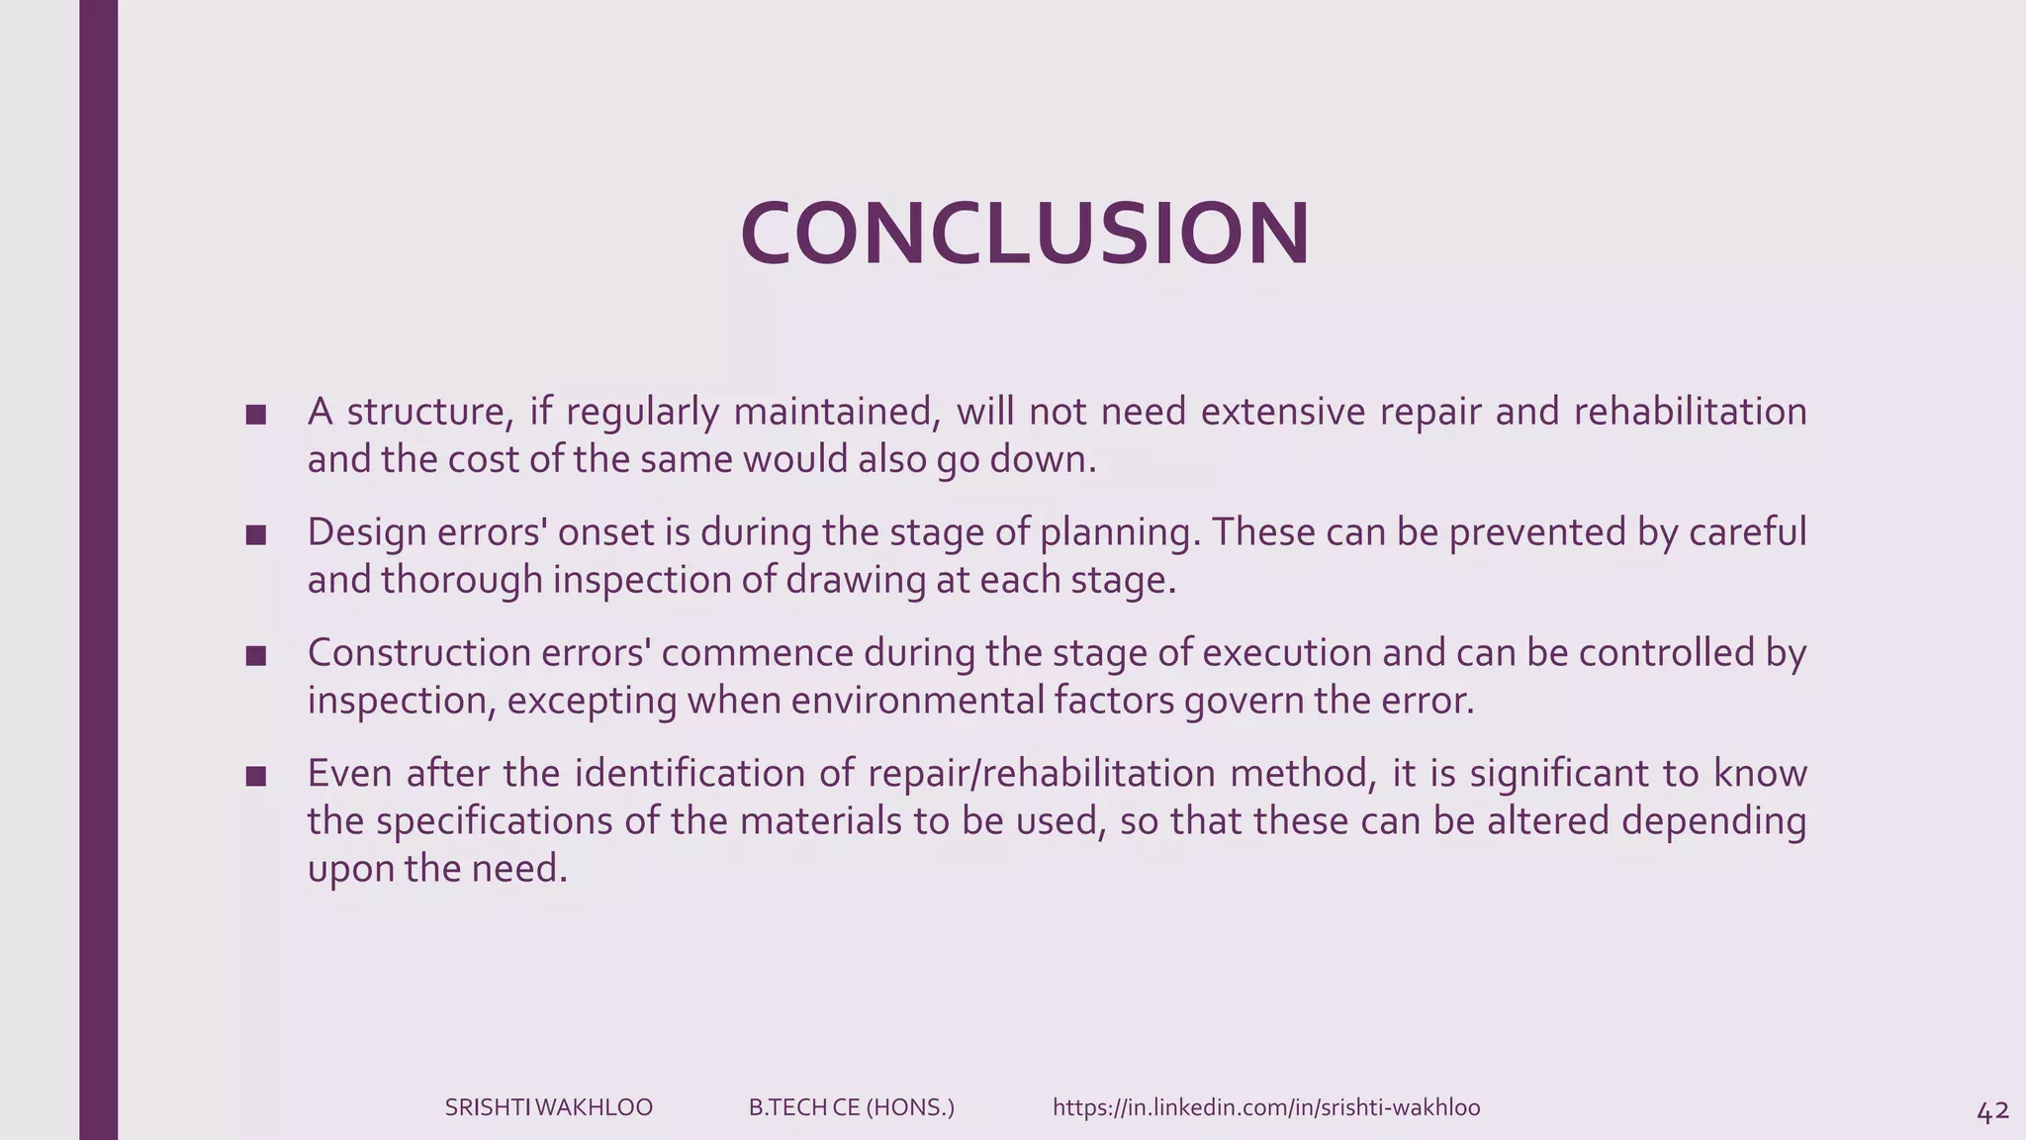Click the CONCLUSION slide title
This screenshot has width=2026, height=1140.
[x=1025, y=234]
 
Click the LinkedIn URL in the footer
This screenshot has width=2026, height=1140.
[x=1266, y=1107]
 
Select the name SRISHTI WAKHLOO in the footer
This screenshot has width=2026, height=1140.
[x=548, y=1107]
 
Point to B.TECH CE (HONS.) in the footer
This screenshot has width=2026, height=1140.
[x=851, y=1107]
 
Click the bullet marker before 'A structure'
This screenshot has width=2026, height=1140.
[x=256, y=415]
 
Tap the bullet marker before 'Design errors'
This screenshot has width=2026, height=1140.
[x=256, y=535]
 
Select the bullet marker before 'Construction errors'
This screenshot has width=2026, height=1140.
[x=256, y=655]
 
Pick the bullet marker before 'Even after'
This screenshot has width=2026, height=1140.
[x=256, y=776]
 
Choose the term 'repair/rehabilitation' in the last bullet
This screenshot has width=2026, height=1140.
[x=1041, y=773]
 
